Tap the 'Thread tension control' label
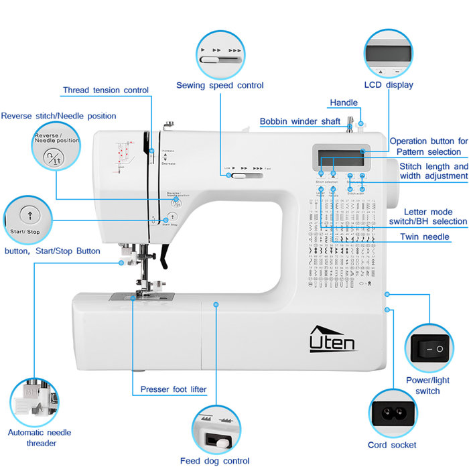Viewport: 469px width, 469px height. [106, 90]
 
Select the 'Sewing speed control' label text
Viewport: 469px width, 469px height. [220, 85]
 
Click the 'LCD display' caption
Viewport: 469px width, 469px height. [389, 84]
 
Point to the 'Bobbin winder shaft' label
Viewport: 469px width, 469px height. [301, 121]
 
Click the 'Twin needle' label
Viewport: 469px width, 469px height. [425, 237]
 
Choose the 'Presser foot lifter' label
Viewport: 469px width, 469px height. [174, 389]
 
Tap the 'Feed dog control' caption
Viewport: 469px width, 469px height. [214, 460]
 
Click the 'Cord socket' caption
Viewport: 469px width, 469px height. [392, 445]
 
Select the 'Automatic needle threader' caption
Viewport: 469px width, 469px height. [40, 438]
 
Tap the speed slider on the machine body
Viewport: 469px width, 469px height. [245, 176]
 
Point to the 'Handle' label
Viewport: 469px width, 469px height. [344, 103]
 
